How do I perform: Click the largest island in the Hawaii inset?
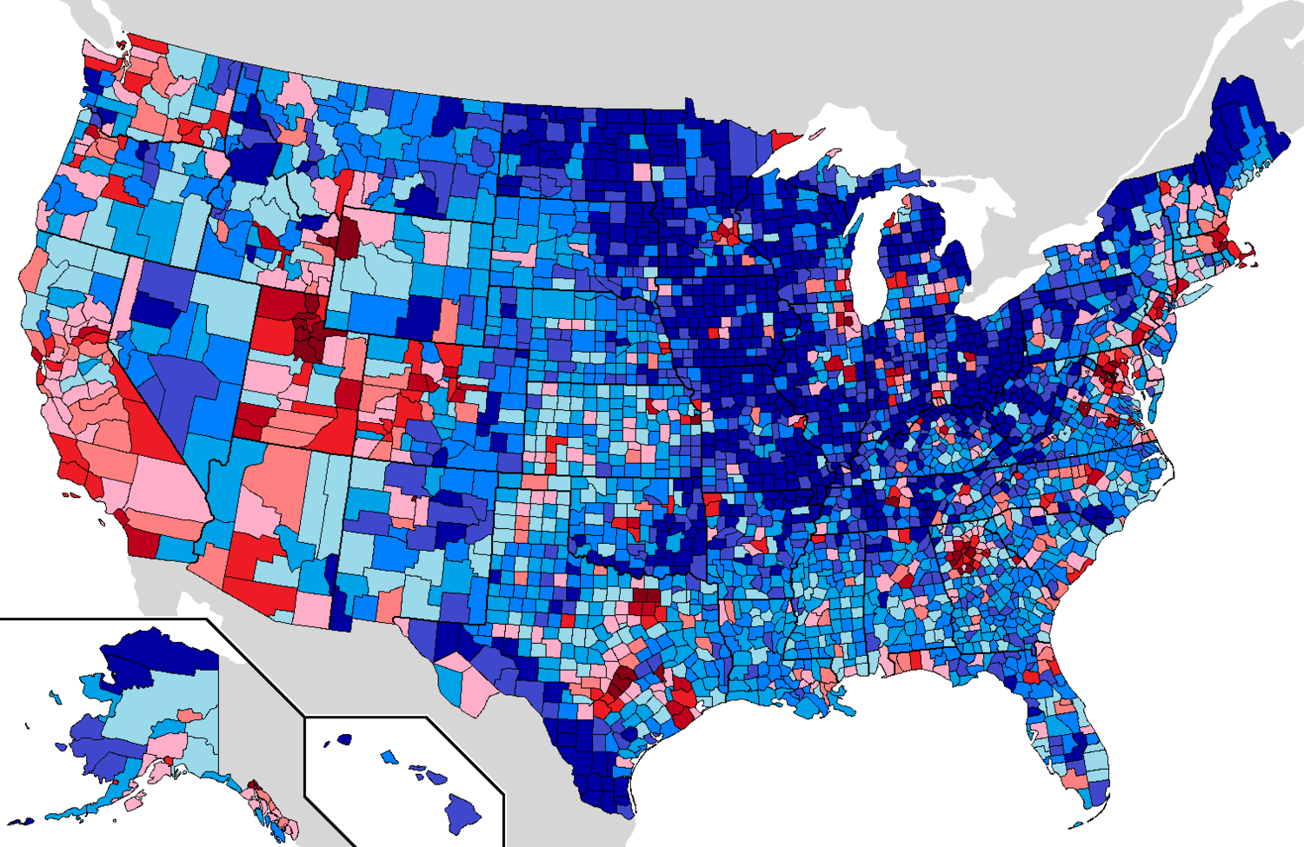click(463, 811)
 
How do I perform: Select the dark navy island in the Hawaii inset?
click(344, 740)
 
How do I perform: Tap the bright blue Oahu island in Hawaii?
click(389, 757)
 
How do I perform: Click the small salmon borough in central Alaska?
click(190, 715)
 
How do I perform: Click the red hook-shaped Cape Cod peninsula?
click(1248, 257)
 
